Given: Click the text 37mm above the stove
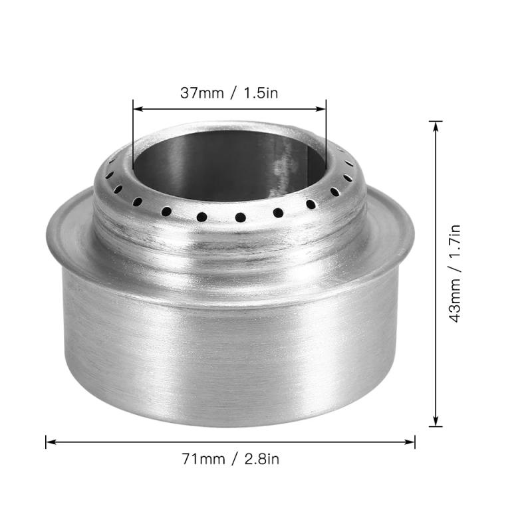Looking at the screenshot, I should (x=201, y=92).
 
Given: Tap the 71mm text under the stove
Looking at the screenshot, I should (x=201, y=458).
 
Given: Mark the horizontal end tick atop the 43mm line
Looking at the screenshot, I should (x=436, y=121).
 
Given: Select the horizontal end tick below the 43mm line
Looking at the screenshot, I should (x=436, y=426).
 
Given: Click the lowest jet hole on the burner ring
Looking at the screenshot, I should (x=240, y=217).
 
